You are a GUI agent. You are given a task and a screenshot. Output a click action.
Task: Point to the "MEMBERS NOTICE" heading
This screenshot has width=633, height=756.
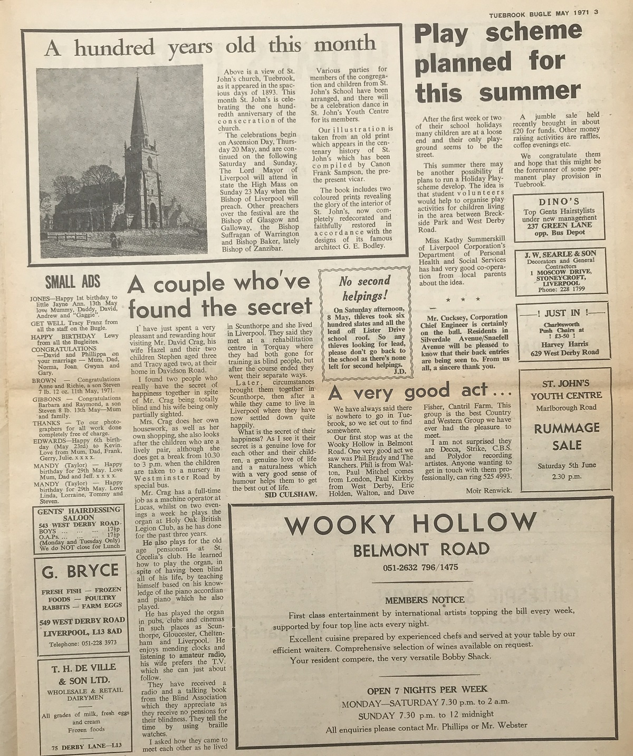[425, 600]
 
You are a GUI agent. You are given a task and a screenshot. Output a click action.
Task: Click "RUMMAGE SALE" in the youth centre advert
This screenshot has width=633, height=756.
[567, 437]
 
